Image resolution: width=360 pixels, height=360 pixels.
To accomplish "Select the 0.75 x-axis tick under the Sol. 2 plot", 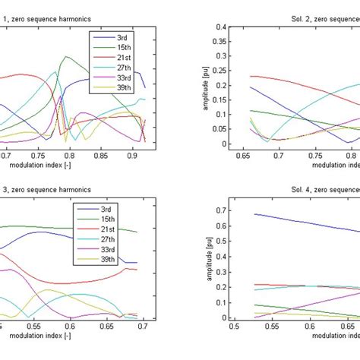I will tap(313, 155).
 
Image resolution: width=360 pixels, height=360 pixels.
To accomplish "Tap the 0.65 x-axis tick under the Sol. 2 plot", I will tap(244, 155).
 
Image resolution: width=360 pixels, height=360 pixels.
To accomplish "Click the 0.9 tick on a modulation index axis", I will tap(133, 155).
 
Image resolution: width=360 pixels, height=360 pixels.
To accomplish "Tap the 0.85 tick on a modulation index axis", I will tap(97, 155).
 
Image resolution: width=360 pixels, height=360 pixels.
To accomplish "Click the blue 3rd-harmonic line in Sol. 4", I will tap(304, 221).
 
